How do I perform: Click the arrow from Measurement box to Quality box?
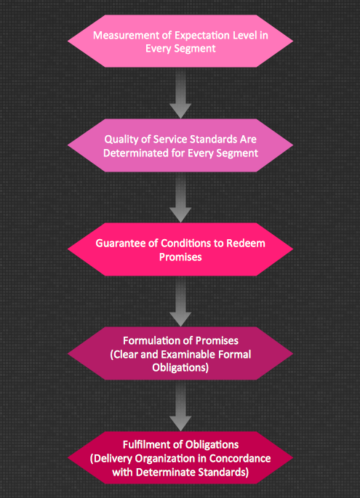180,93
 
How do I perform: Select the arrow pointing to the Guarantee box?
180,197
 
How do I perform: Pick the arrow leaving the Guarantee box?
180,301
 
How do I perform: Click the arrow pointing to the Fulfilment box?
180,406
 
